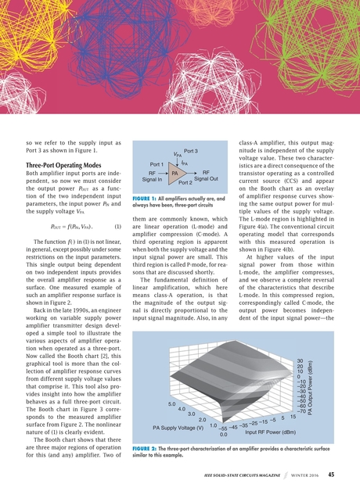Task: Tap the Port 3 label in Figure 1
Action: click(193, 150)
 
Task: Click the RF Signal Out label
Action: click(206, 176)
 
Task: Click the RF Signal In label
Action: click(146, 176)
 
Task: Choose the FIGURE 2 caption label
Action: click(146, 448)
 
